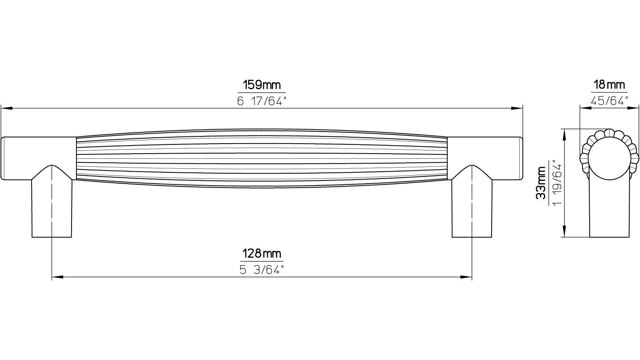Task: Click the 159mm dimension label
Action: coord(262,85)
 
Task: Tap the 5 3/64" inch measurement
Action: coord(262,269)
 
